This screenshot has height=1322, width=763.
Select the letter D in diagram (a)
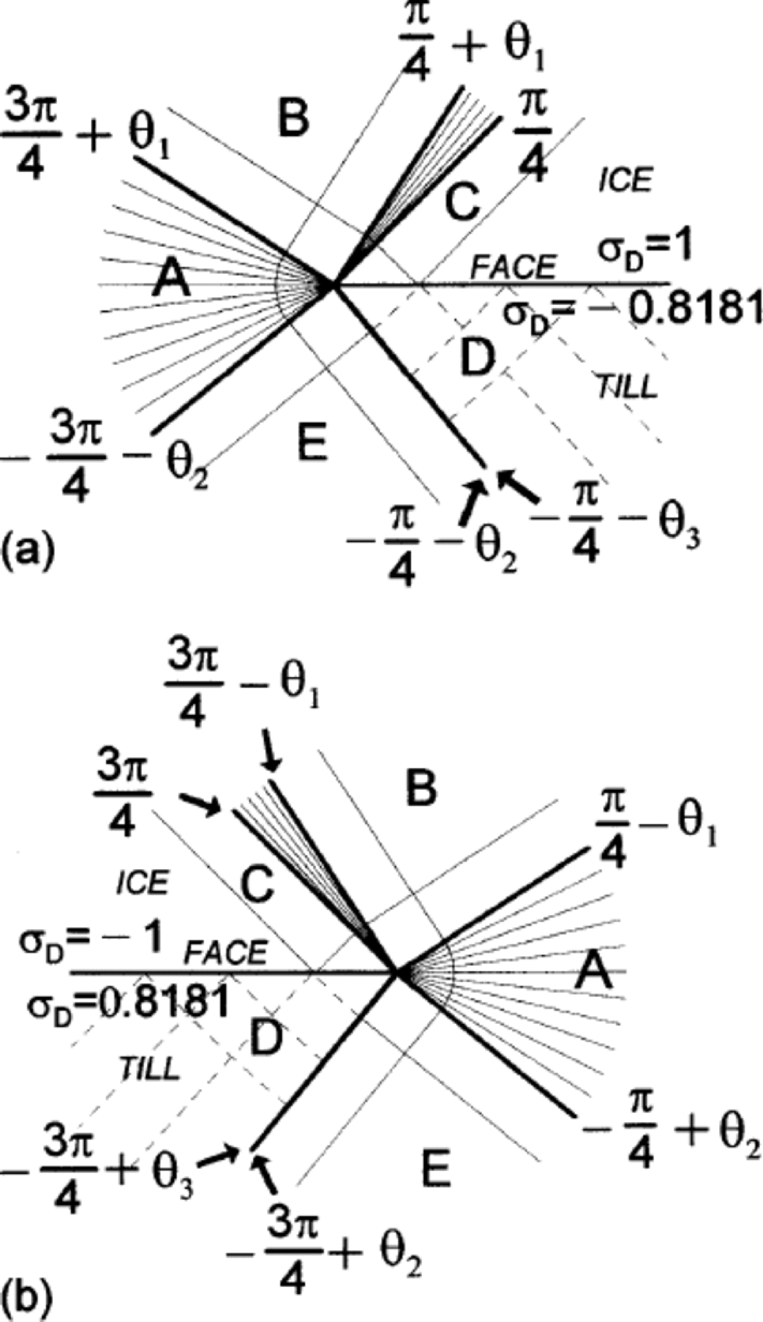click(476, 357)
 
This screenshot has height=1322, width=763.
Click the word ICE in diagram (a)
click(624, 181)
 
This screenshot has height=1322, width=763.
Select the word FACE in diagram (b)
click(226, 952)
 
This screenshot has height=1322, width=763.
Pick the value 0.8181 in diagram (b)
click(156, 1003)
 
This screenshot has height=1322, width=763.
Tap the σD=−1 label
click(91, 942)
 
